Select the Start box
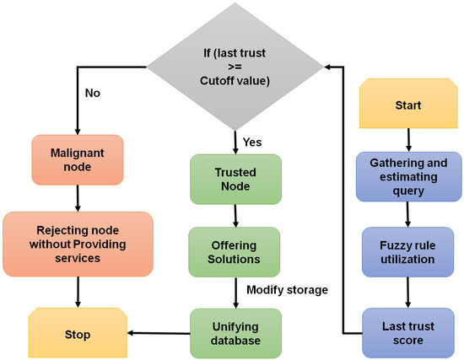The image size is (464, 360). tap(408, 105)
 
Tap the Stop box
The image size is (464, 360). tap(78, 333)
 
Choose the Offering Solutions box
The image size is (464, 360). tap(235, 250)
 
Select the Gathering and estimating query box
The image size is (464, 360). tap(408, 177)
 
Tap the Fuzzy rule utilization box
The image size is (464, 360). tap(408, 250)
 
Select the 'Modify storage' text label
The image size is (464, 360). tap(286, 291)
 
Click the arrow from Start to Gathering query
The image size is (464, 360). tap(408, 139)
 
